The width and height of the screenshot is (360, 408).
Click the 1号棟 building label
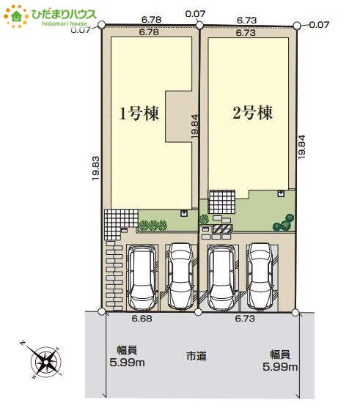coord(139,114)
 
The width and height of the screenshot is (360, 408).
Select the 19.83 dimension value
coord(95,167)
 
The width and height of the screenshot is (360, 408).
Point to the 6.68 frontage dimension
coord(142,319)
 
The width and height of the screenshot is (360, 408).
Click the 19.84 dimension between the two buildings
coord(195,126)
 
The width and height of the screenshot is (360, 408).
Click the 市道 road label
coord(196,356)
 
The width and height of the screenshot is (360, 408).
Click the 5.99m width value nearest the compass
coord(126,363)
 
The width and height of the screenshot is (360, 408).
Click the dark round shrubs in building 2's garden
coord(284,222)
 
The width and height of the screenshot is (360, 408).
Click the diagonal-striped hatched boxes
coord(223,229)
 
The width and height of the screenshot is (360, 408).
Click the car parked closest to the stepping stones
coord(142,276)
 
